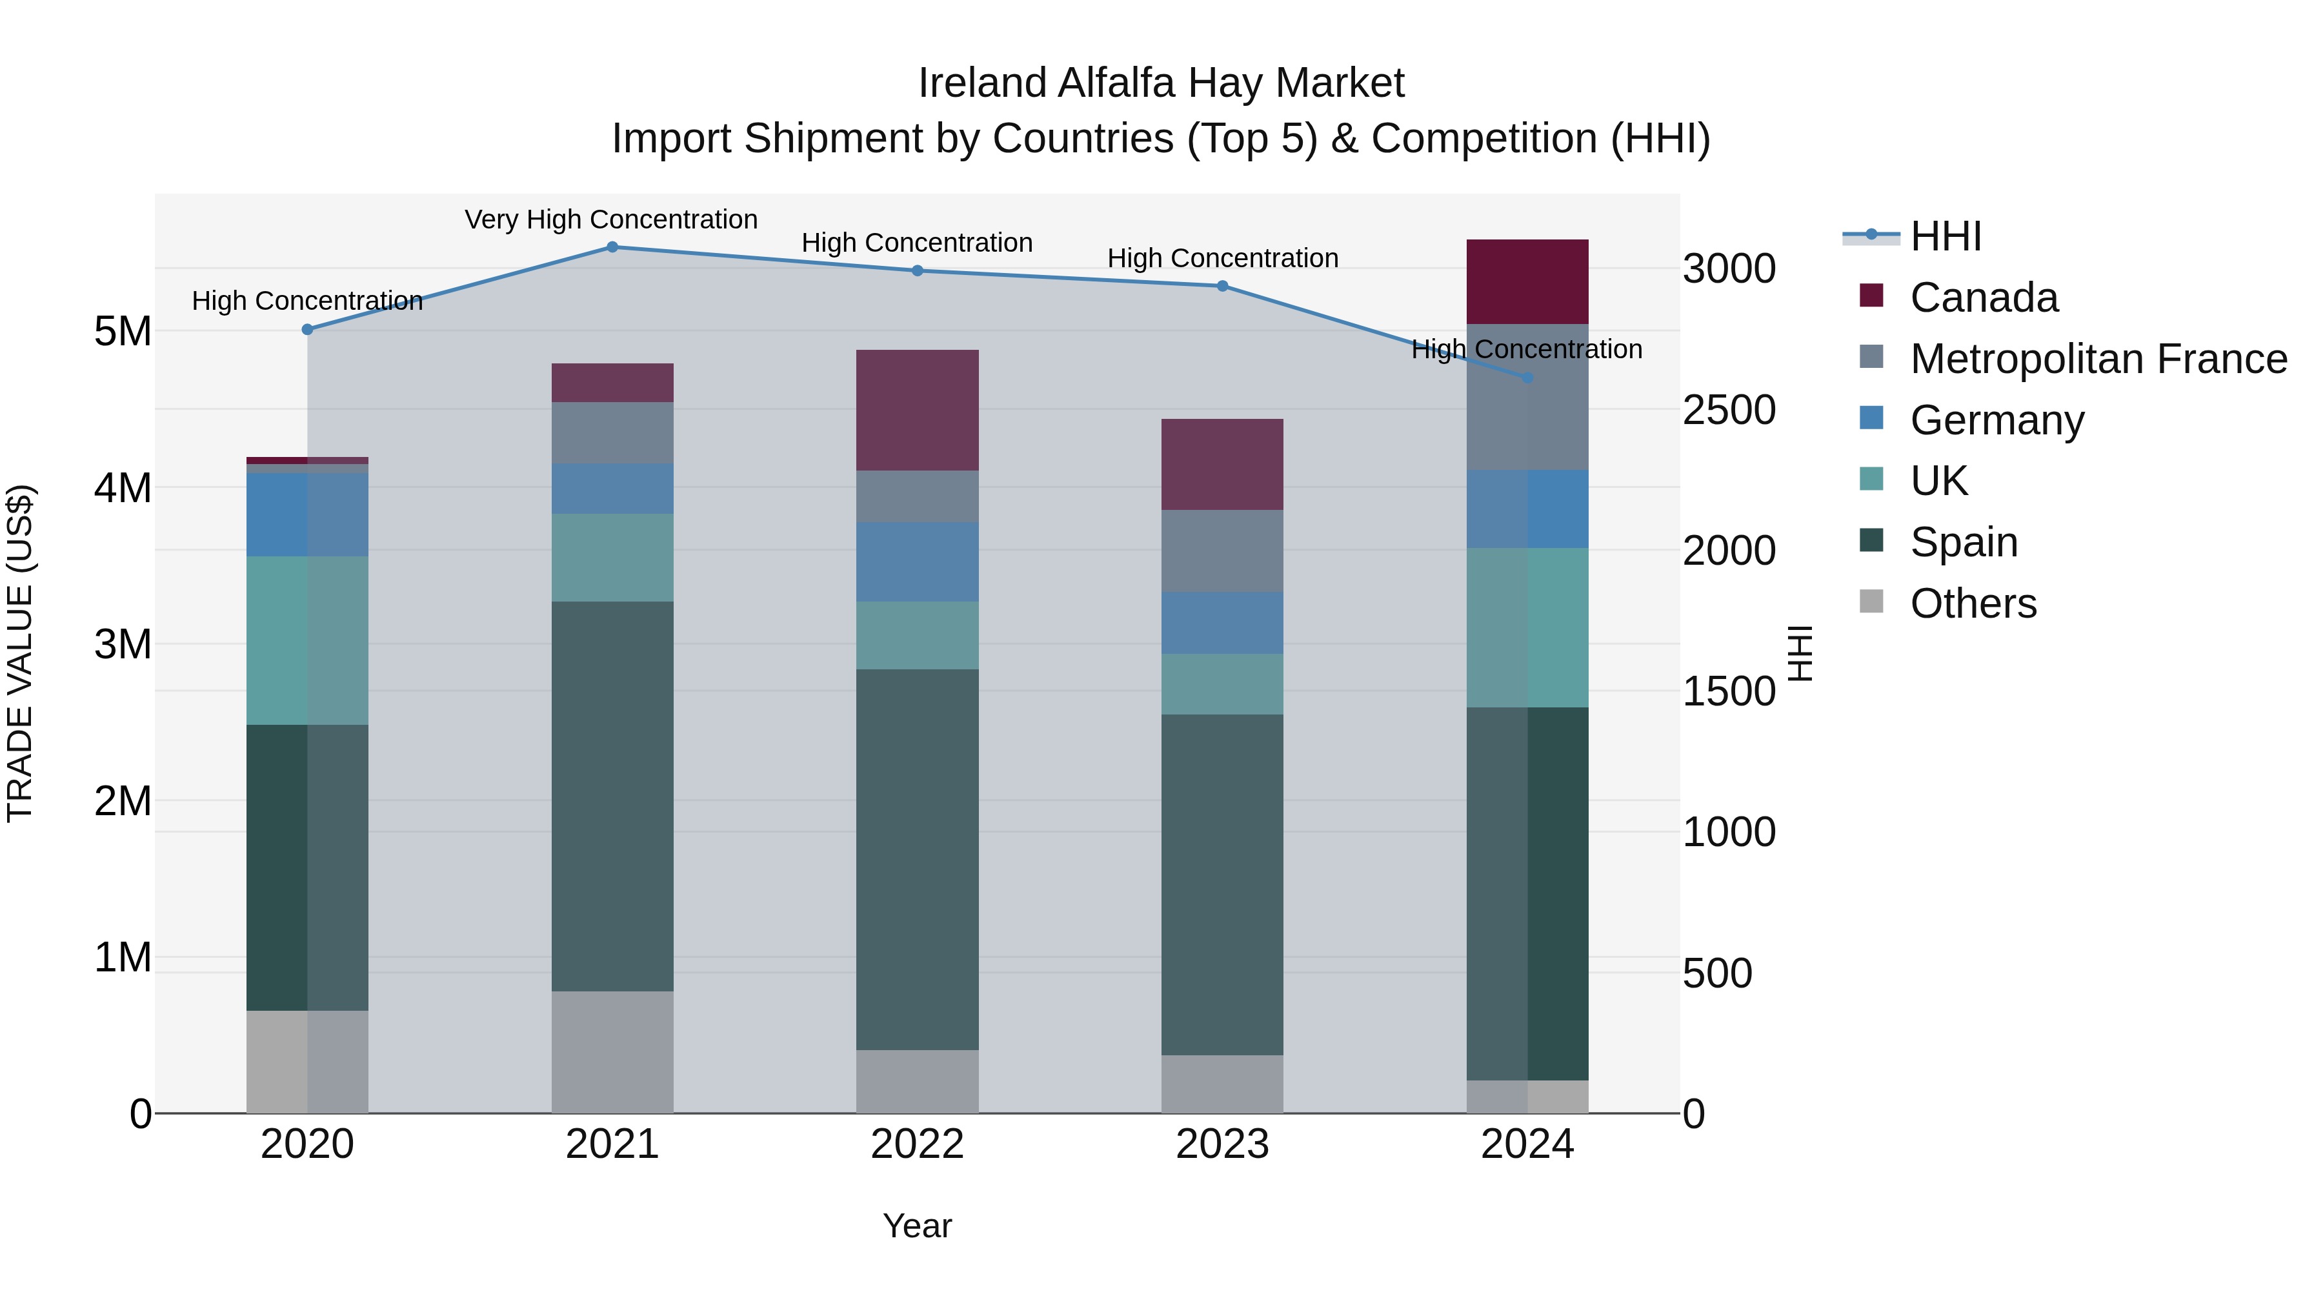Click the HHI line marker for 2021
[612, 247]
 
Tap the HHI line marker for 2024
[1527, 378]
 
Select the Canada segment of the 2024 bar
[1527, 281]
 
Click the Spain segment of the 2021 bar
[612, 796]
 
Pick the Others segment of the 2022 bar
[917, 1082]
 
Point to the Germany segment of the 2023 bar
[1222, 622]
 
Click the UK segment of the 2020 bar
[308, 640]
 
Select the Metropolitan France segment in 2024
[1527, 397]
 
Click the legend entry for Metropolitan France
[2098, 359]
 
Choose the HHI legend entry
[1945, 236]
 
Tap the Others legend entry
[1972, 603]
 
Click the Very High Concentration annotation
[612, 219]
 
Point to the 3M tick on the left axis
[123, 644]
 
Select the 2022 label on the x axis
[917, 1144]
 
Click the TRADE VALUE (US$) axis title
[20, 653]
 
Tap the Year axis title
[917, 1226]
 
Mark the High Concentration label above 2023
[1222, 258]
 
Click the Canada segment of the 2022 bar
[917, 410]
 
